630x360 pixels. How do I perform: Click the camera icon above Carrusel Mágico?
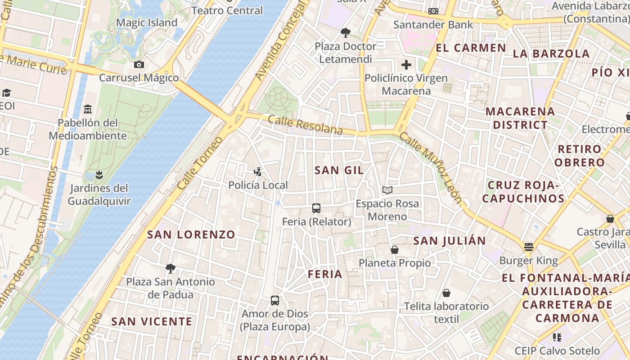[x=139, y=64]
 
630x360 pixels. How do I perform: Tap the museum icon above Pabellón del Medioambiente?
[x=88, y=109]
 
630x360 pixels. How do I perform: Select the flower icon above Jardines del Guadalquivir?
[x=99, y=175]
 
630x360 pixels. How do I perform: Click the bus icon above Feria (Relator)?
[x=316, y=208]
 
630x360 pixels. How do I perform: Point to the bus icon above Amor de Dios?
[x=274, y=300]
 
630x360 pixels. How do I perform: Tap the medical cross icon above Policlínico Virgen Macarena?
[x=406, y=65]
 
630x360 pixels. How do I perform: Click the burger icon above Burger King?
[x=528, y=247]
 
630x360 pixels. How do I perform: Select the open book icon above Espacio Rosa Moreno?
[x=387, y=190]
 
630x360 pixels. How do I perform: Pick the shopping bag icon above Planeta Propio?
[x=395, y=249]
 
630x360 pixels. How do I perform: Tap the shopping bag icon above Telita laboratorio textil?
[x=446, y=293]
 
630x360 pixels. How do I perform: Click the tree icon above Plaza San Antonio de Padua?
[x=170, y=269]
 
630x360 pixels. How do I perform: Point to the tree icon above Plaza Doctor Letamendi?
[x=345, y=32]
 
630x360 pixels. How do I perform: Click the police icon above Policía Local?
[x=258, y=171]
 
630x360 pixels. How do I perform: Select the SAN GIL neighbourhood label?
[x=339, y=170]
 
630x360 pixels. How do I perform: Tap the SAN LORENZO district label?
[x=191, y=234]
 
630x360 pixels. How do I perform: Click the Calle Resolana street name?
[x=305, y=125]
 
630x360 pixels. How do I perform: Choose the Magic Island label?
[x=147, y=22]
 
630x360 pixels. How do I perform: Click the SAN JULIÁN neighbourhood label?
[x=449, y=241]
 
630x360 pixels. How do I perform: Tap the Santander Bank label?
[x=433, y=24]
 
